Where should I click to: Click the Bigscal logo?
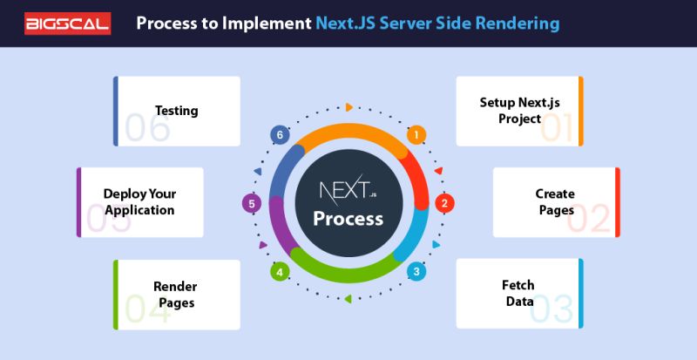pos(68,23)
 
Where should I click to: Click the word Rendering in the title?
pos(516,23)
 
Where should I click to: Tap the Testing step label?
pos(176,111)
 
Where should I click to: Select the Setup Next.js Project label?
pos(511,111)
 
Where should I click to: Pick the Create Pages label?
pos(555,202)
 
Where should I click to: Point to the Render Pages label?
pos(175,295)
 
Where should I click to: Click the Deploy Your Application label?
pos(139,202)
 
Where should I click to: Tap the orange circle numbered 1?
pos(416,134)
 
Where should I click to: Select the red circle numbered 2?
pos(443,203)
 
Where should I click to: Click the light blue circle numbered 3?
pos(416,271)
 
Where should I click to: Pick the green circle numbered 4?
pos(280,272)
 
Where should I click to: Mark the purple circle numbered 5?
pos(251,204)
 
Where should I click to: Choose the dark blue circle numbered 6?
pos(279,135)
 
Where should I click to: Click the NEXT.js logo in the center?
pos(348,190)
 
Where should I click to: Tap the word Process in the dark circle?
pos(348,218)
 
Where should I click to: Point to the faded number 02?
pos(589,219)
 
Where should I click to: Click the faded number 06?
pos(146,128)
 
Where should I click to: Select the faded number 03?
pos(552,309)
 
